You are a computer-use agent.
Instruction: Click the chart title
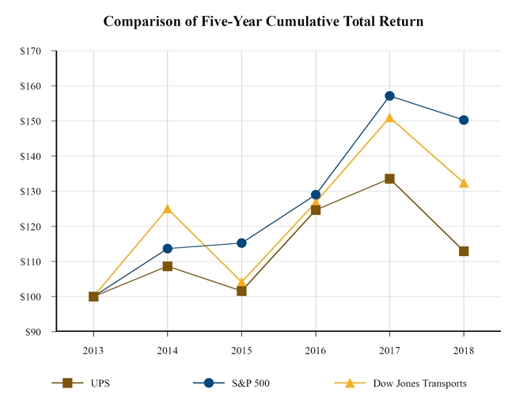263,21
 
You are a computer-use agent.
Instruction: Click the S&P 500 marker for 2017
390,96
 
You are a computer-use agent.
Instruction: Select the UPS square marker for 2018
464,251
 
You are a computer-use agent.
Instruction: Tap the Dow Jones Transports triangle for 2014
167,209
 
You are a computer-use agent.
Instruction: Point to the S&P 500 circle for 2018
464,120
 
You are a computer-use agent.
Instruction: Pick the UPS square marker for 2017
390,179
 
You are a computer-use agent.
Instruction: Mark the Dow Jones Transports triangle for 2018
464,183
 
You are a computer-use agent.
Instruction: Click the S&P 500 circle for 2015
241,243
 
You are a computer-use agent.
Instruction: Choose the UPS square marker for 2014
167,266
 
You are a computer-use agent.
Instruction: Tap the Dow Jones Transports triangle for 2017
390,118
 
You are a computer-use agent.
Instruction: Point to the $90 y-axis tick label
34,331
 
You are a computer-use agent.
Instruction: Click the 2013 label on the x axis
93,349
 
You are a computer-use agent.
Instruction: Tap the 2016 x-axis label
316,349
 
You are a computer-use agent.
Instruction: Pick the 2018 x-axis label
464,349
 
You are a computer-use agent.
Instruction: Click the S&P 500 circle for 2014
167,249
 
